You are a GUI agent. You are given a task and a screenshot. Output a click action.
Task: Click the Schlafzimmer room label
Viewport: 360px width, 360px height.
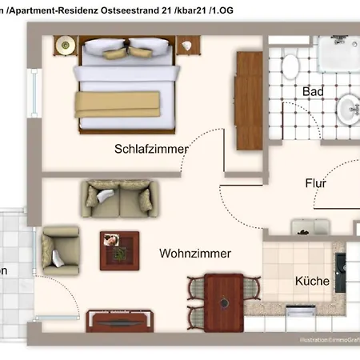coord(151,149)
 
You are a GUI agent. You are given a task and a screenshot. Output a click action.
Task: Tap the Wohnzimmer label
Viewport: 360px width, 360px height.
coord(195,254)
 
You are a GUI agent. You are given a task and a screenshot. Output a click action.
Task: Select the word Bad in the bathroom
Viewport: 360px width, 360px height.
coord(313,92)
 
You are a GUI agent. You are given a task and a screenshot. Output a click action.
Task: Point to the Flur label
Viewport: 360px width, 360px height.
coord(316,183)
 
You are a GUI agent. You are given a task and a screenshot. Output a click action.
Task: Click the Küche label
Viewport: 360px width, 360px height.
coord(312,282)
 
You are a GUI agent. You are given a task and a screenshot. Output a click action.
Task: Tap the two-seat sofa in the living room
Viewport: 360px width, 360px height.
coord(117,197)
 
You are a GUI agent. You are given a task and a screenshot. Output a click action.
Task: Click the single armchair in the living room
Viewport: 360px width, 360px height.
coord(61,249)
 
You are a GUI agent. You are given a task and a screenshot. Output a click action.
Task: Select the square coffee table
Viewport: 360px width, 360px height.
coord(119,250)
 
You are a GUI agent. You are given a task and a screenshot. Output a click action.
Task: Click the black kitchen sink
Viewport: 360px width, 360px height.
coord(341,266)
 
